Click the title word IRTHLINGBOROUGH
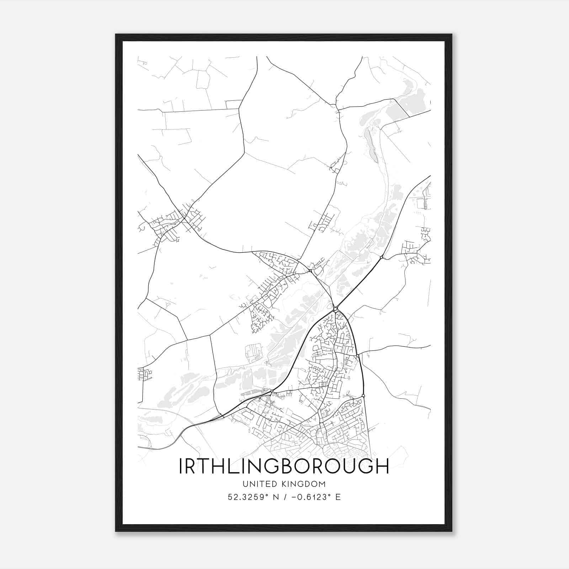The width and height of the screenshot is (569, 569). tap(284, 466)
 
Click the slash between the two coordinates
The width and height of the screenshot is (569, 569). tap(284, 497)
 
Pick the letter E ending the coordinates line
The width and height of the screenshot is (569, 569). tap(338, 497)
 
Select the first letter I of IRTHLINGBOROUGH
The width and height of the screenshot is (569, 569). tap(181, 466)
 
